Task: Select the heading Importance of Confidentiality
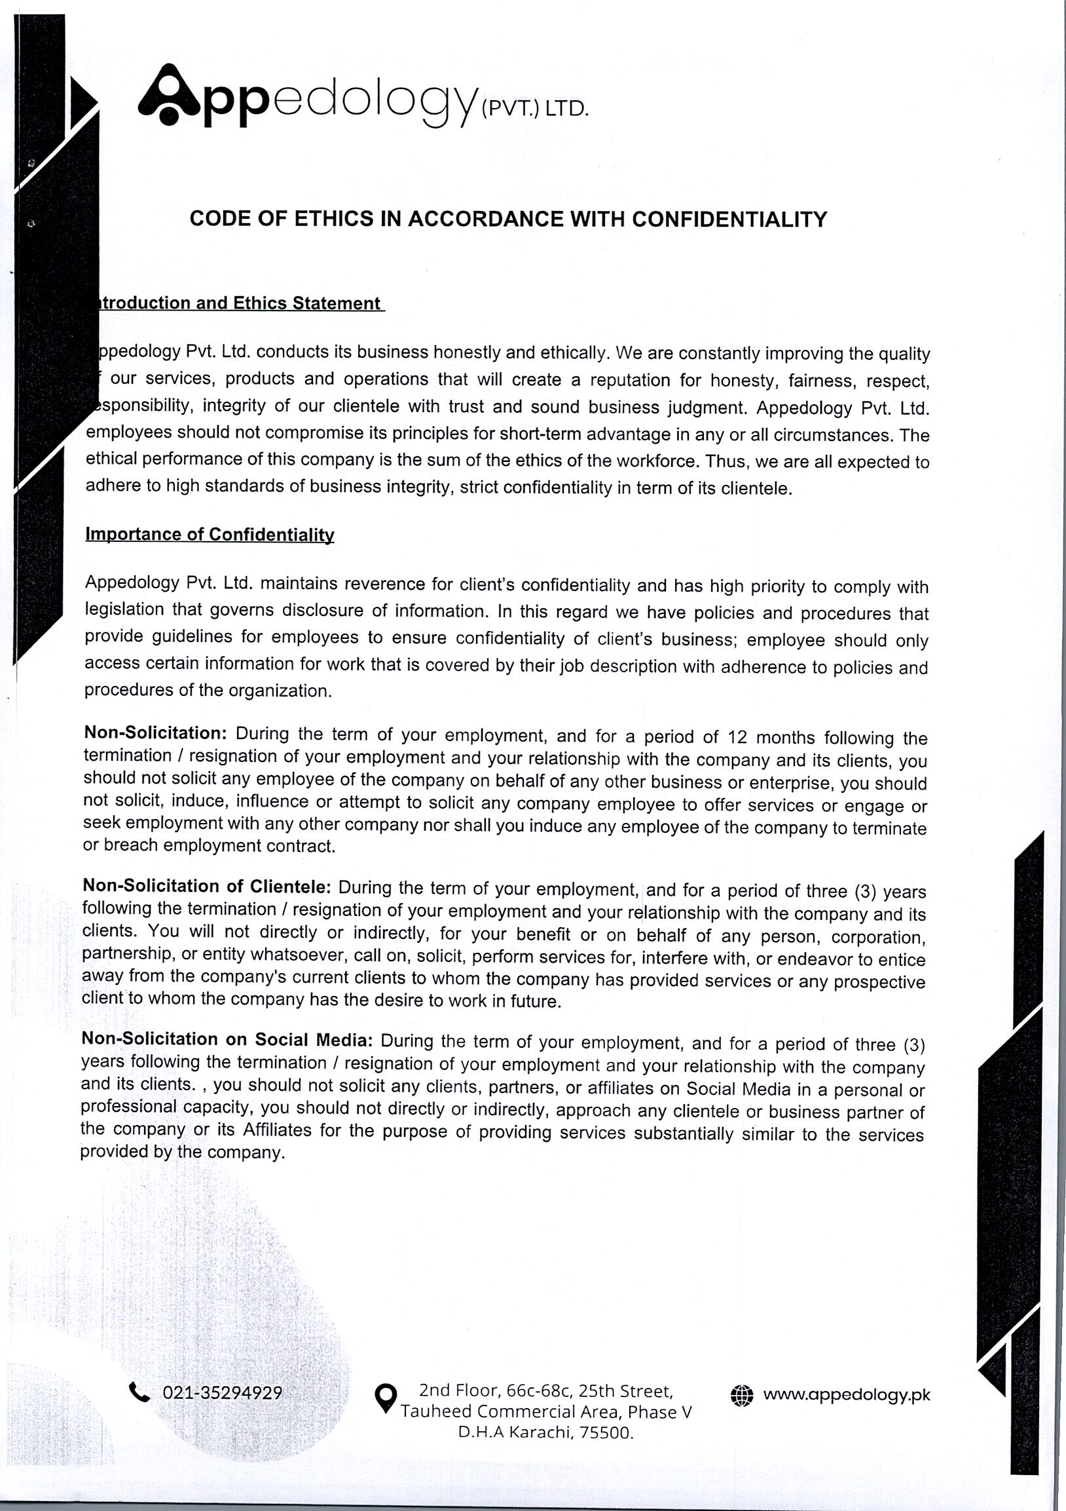tap(210, 535)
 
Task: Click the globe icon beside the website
tap(741, 1394)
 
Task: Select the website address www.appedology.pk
tap(847, 1394)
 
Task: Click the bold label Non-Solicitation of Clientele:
tap(206, 887)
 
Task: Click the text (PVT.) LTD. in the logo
tap(534, 109)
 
